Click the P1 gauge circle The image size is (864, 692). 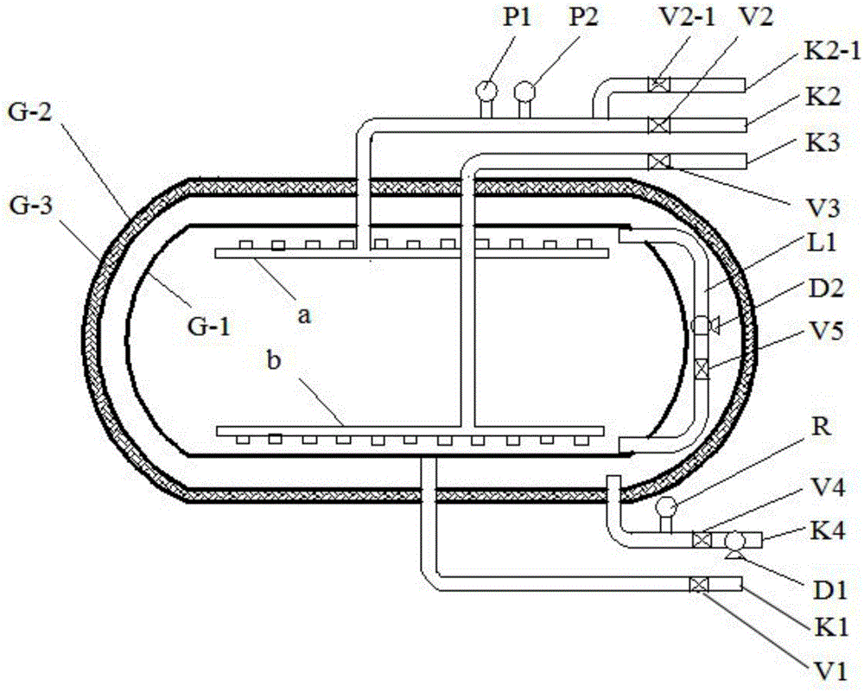coord(486,89)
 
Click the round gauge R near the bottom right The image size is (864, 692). coord(665,505)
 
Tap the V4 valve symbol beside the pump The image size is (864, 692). coord(702,539)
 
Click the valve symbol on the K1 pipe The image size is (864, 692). coord(699,584)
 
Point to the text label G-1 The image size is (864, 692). coord(209,327)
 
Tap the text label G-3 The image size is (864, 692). coord(31,207)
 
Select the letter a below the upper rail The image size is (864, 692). coord(304,315)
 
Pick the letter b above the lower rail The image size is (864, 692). coord(274,361)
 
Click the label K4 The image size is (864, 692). coord(827,532)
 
